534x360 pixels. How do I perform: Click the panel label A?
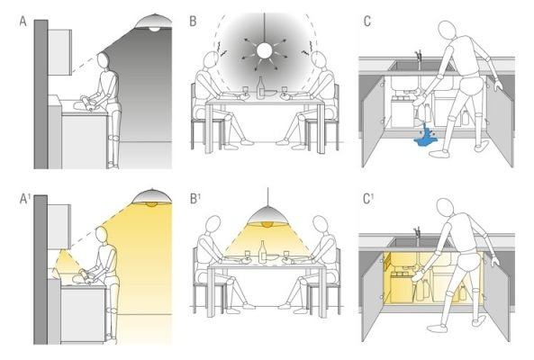[x=23, y=22]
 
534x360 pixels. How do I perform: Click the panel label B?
[x=193, y=22]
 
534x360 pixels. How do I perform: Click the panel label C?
[x=367, y=22]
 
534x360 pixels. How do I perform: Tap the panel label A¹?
[x=24, y=199]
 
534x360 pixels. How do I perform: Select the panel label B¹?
[x=195, y=199]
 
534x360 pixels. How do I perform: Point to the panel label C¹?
[x=368, y=199]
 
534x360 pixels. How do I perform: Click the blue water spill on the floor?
[x=425, y=136]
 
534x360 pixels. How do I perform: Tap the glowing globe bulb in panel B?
[x=264, y=50]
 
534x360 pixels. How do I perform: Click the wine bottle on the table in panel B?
[x=261, y=87]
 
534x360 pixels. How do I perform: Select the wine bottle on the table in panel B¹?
[x=262, y=252]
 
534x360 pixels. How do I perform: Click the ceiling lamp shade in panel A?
[x=154, y=22]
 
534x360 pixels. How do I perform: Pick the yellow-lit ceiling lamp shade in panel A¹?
[x=152, y=196]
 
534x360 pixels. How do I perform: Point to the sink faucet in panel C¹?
[x=418, y=235]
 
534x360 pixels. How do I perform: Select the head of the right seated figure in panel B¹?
[x=321, y=225]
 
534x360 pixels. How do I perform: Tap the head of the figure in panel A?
[x=103, y=61]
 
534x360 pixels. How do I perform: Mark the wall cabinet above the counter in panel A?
[x=59, y=52]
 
